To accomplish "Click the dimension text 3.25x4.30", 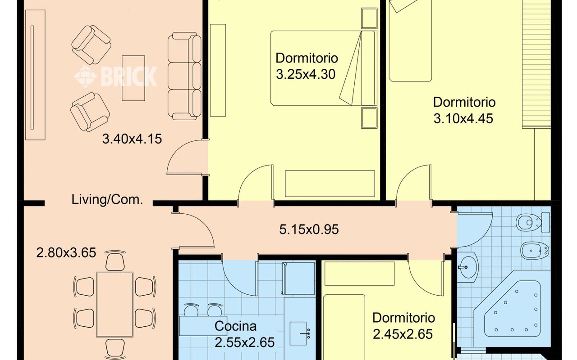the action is click(x=306, y=74).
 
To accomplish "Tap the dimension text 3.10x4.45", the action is click(x=463, y=119).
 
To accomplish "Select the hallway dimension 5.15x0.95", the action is click(x=309, y=229).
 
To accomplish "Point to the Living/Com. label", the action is click(x=107, y=200).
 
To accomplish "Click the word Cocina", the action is click(x=235, y=326).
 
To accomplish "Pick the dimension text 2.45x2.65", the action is click(x=403, y=334).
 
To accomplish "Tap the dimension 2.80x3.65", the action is click(x=66, y=253).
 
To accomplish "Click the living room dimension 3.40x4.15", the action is click(x=132, y=139).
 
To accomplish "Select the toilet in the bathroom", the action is click(x=533, y=222).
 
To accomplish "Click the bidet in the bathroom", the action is click(x=535, y=251).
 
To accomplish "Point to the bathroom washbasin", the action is click(x=467, y=267).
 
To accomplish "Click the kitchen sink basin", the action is click(x=298, y=333).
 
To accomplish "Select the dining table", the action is click(x=114, y=305).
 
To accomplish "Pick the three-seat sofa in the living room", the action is click(x=184, y=76).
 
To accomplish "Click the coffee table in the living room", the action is click(x=133, y=78).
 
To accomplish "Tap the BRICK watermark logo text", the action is click(x=129, y=76).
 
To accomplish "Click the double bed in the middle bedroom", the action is click(x=324, y=68).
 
